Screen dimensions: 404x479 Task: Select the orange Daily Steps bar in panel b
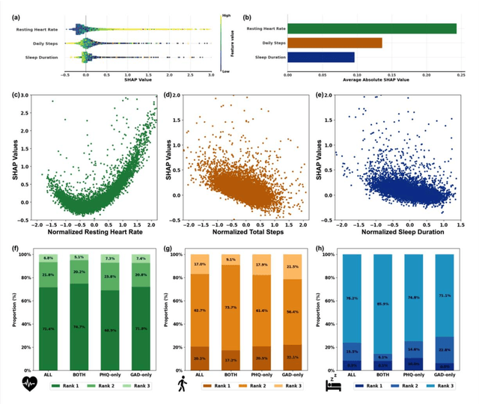[334, 43]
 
